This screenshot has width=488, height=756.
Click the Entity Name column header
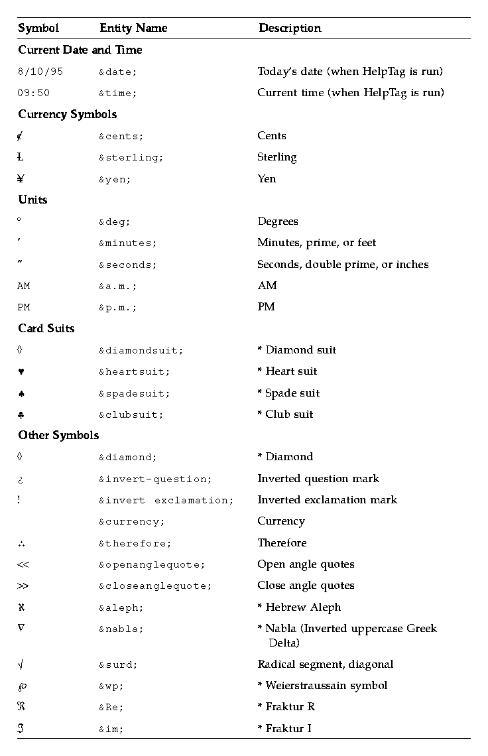point(133,28)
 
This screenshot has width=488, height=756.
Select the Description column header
point(290,28)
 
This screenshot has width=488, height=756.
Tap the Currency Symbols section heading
point(67,114)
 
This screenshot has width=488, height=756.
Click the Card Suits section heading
point(46,328)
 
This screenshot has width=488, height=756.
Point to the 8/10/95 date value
point(40,72)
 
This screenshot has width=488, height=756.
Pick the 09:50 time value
point(33,93)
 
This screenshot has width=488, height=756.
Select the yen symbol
point(21,178)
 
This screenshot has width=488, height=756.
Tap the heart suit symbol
point(21,372)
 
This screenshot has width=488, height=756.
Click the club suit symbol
point(21,414)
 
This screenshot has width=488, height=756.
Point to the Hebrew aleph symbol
point(21,607)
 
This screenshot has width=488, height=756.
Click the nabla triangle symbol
point(21,628)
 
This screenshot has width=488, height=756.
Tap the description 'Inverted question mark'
point(318,479)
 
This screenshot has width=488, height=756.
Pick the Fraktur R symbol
point(21,707)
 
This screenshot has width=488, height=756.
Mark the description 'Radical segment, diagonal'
point(325,664)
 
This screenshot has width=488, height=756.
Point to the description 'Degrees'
point(278,221)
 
